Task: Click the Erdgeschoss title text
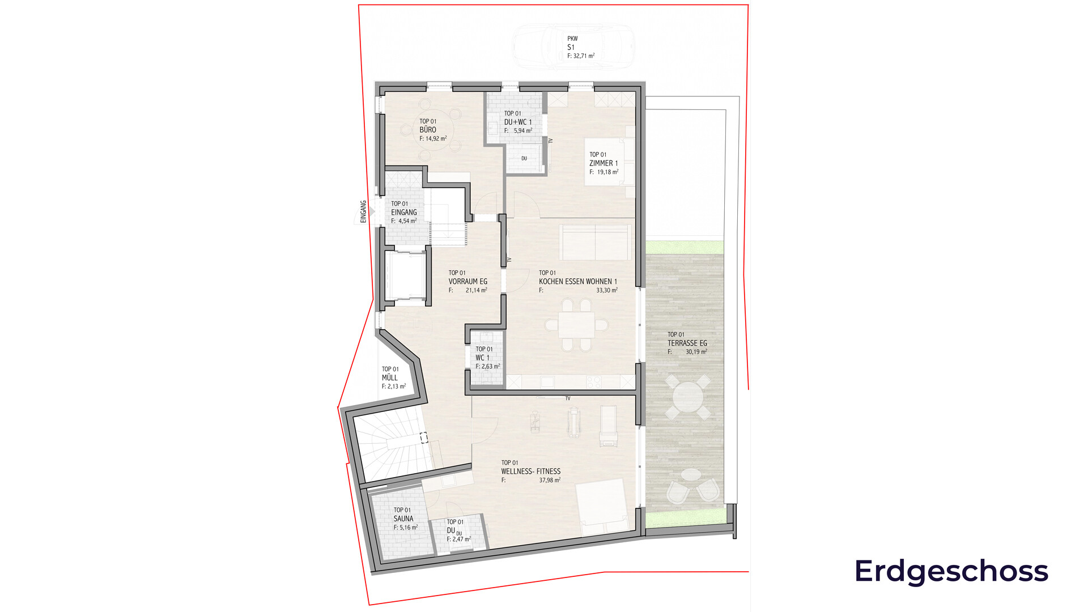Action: (951, 571)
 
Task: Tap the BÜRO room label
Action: (428, 130)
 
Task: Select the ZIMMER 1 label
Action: (603, 163)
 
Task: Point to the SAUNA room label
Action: (403, 518)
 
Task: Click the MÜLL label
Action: (390, 377)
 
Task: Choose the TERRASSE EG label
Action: (687, 343)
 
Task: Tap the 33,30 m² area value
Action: (607, 290)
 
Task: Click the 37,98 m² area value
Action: (550, 480)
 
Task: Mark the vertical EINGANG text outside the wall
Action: (363, 211)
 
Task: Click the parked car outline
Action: (573, 47)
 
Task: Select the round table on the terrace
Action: (687, 397)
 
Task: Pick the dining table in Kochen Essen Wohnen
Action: (576, 325)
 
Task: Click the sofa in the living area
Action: (595, 242)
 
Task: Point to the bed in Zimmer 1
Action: (610, 161)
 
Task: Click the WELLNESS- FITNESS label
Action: (531, 471)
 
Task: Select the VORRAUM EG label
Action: (468, 282)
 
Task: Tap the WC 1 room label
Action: (482, 358)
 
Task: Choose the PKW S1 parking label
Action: (572, 43)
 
